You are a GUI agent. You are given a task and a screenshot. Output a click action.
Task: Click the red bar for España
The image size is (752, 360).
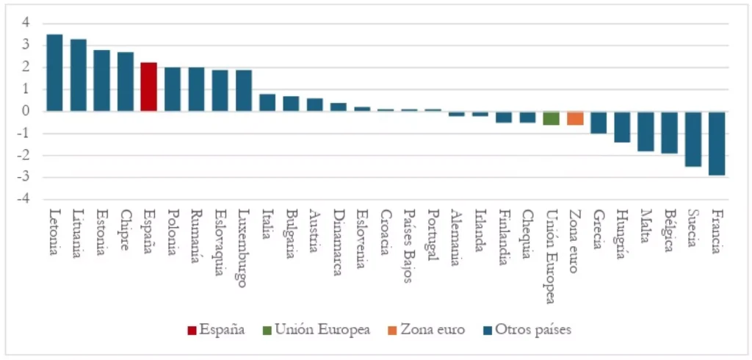(x=148, y=87)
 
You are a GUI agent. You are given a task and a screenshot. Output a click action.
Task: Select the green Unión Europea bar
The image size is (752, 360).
(x=552, y=118)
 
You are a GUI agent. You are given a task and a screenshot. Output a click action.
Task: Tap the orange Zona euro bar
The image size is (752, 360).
(x=575, y=118)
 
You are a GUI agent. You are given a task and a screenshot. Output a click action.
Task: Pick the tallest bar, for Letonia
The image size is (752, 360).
(x=54, y=73)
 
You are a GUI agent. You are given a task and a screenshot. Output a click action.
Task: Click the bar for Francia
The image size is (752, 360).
(x=717, y=143)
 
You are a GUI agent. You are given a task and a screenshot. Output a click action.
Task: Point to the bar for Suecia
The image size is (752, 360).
(x=693, y=139)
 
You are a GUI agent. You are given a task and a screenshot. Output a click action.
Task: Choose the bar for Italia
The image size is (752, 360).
(x=267, y=103)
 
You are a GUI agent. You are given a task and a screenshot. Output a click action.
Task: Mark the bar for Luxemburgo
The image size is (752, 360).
(x=244, y=90)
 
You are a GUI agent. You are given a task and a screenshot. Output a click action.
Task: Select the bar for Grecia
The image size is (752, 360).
(x=599, y=123)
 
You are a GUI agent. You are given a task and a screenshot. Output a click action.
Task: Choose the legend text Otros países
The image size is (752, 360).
(x=533, y=330)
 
